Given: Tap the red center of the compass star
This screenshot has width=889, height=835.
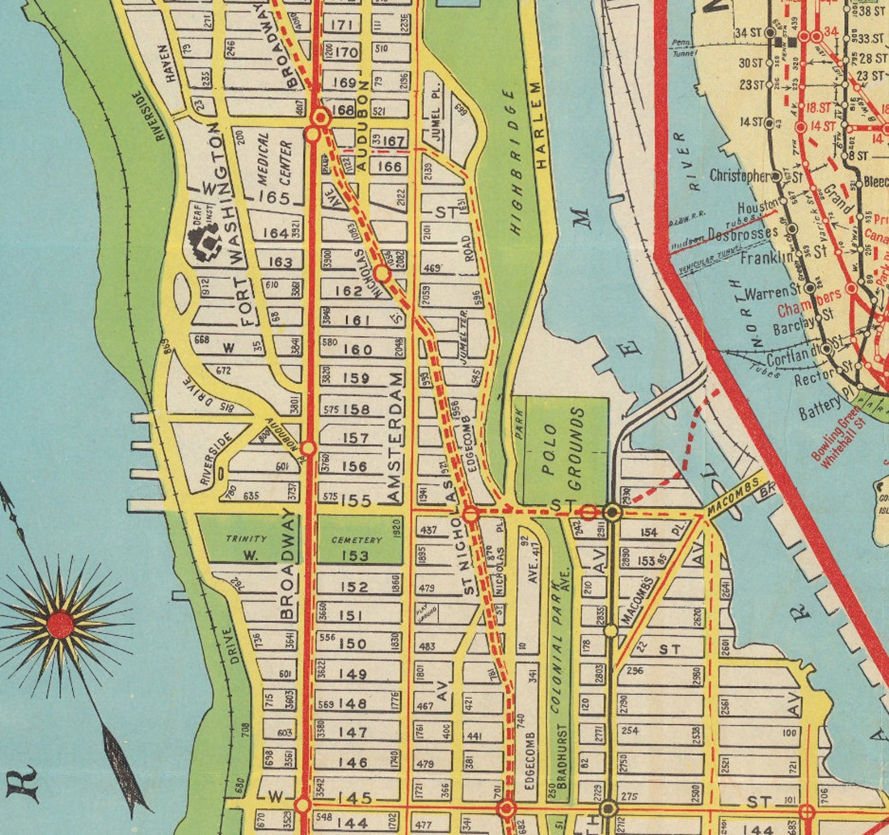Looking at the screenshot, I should pos(60,625).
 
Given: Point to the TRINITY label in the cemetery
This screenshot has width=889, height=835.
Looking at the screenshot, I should pos(246,538).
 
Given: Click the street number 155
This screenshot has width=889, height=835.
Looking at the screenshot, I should pos(355,500).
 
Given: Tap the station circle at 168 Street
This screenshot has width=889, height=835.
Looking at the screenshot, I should pos(321,118).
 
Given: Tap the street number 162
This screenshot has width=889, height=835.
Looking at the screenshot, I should pos(349,291).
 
